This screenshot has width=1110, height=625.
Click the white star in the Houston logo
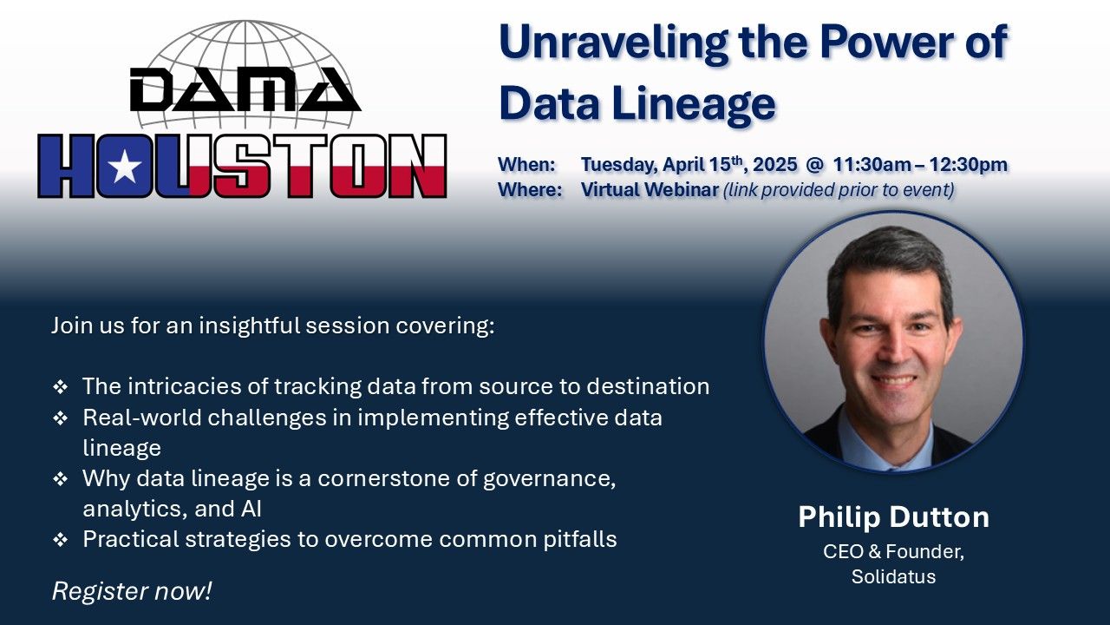click(x=124, y=167)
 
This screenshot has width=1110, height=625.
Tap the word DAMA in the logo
click(x=245, y=89)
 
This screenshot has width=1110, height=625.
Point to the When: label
click(x=526, y=164)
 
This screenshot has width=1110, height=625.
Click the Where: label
click(x=530, y=189)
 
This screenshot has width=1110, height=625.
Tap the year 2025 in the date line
click(x=775, y=164)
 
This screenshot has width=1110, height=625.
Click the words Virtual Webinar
click(x=650, y=189)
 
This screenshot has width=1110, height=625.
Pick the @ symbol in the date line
click(x=815, y=165)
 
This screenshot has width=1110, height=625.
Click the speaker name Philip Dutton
click(x=893, y=516)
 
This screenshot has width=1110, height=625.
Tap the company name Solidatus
click(x=893, y=576)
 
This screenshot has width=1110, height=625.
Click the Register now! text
click(x=132, y=591)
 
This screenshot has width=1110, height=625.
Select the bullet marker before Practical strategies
click(x=61, y=540)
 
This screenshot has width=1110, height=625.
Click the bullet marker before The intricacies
click(x=61, y=387)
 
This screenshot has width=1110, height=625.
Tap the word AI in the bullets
click(x=251, y=509)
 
